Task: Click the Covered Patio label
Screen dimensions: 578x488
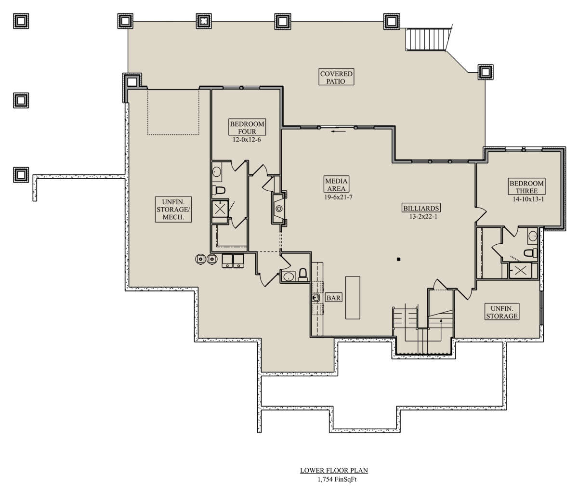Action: click(x=336, y=77)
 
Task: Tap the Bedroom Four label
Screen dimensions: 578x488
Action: click(x=247, y=127)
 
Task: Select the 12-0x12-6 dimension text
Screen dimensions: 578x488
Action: click(x=247, y=140)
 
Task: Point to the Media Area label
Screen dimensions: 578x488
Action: click(x=336, y=185)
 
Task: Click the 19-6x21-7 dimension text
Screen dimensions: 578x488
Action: click(x=338, y=197)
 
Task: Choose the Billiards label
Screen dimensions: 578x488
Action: click(x=421, y=208)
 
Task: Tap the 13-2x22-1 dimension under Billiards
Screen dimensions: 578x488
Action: click(x=423, y=216)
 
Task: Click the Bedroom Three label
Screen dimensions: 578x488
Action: click(x=526, y=186)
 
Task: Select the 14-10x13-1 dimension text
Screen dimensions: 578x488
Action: click(x=528, y=199)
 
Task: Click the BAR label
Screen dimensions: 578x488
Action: click(x=333, y=298)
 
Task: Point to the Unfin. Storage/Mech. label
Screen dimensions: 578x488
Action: click(x=173, y=210)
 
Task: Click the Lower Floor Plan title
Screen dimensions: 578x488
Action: click(x=334, y=470)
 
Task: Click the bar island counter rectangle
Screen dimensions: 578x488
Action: click(x=353, y=298)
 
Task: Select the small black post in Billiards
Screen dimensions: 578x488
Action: click(x=399, y=259)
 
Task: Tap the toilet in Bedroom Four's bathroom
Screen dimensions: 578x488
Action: click(x=219, y=190)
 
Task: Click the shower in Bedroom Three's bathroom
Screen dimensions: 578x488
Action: click(x=520, y=270)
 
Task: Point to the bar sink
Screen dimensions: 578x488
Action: click(x=315, y=298)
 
